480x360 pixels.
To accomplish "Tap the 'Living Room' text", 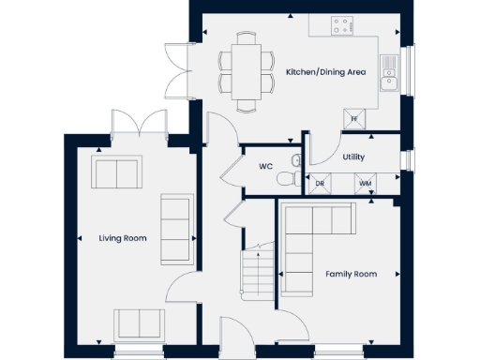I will point(123,239).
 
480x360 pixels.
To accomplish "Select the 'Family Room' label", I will point(351,274).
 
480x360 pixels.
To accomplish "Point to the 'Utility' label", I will point(353,157).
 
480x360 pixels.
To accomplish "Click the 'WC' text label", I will point(265,168).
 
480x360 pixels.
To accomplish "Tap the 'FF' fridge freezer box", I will point(354,118).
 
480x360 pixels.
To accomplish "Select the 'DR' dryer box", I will point(321,184).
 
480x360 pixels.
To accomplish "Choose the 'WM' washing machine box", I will point(365,184).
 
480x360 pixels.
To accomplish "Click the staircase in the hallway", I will point(254,271).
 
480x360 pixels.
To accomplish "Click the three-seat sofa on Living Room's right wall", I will point(175,231).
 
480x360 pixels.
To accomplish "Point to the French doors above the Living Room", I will point(138,124).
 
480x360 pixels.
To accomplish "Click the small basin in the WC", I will point(296,181).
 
